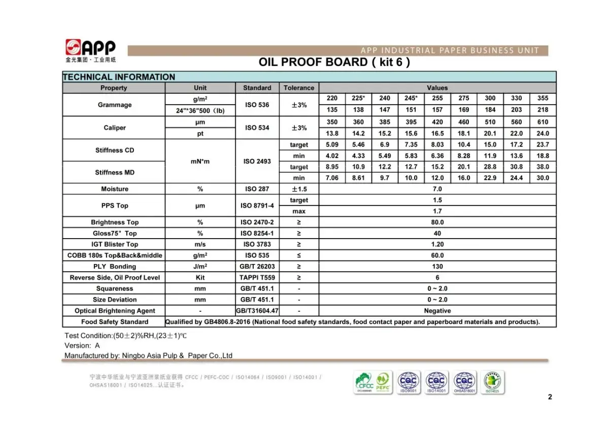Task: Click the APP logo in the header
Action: pyautogui.click(x=90, y=49)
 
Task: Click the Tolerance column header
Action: pyautogui.click(x=298, y=88)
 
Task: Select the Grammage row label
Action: pyautogui.click(x=114, y=105)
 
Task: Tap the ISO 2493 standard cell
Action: pyautogui.click(x=257, y=161)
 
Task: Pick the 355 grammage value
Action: pyautogui.click(x=543, y=98)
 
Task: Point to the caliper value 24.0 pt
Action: pyautogui.click(x=543, y=134)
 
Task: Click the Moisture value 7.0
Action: pyautogui.click(x=437, y=189)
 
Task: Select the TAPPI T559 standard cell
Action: pyautogui.click(x=257, y=278)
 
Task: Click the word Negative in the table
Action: pyautogui.click(x=437, y=311)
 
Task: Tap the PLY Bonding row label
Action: pyautogui.click(x=114, y=267)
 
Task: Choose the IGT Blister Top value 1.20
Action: pyautogui.click(x=437, y=244)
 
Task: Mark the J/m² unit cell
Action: pyautogui.click(x=200, y=267)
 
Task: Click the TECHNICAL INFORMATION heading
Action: pyautogui.click(x=119, y=77)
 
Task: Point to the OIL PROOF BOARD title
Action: pyautogui.click(x=334, y=62)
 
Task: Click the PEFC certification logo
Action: pyautogui.click(x=383, y=382)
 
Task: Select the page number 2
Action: pyautogui.click(x=550, y=397)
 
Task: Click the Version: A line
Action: pyautogui.click(x=82, y=345)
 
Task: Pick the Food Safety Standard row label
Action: pyautogui.click(x=114, y=322)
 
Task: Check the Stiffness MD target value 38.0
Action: pyautogui.click(x=543, y=167)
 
